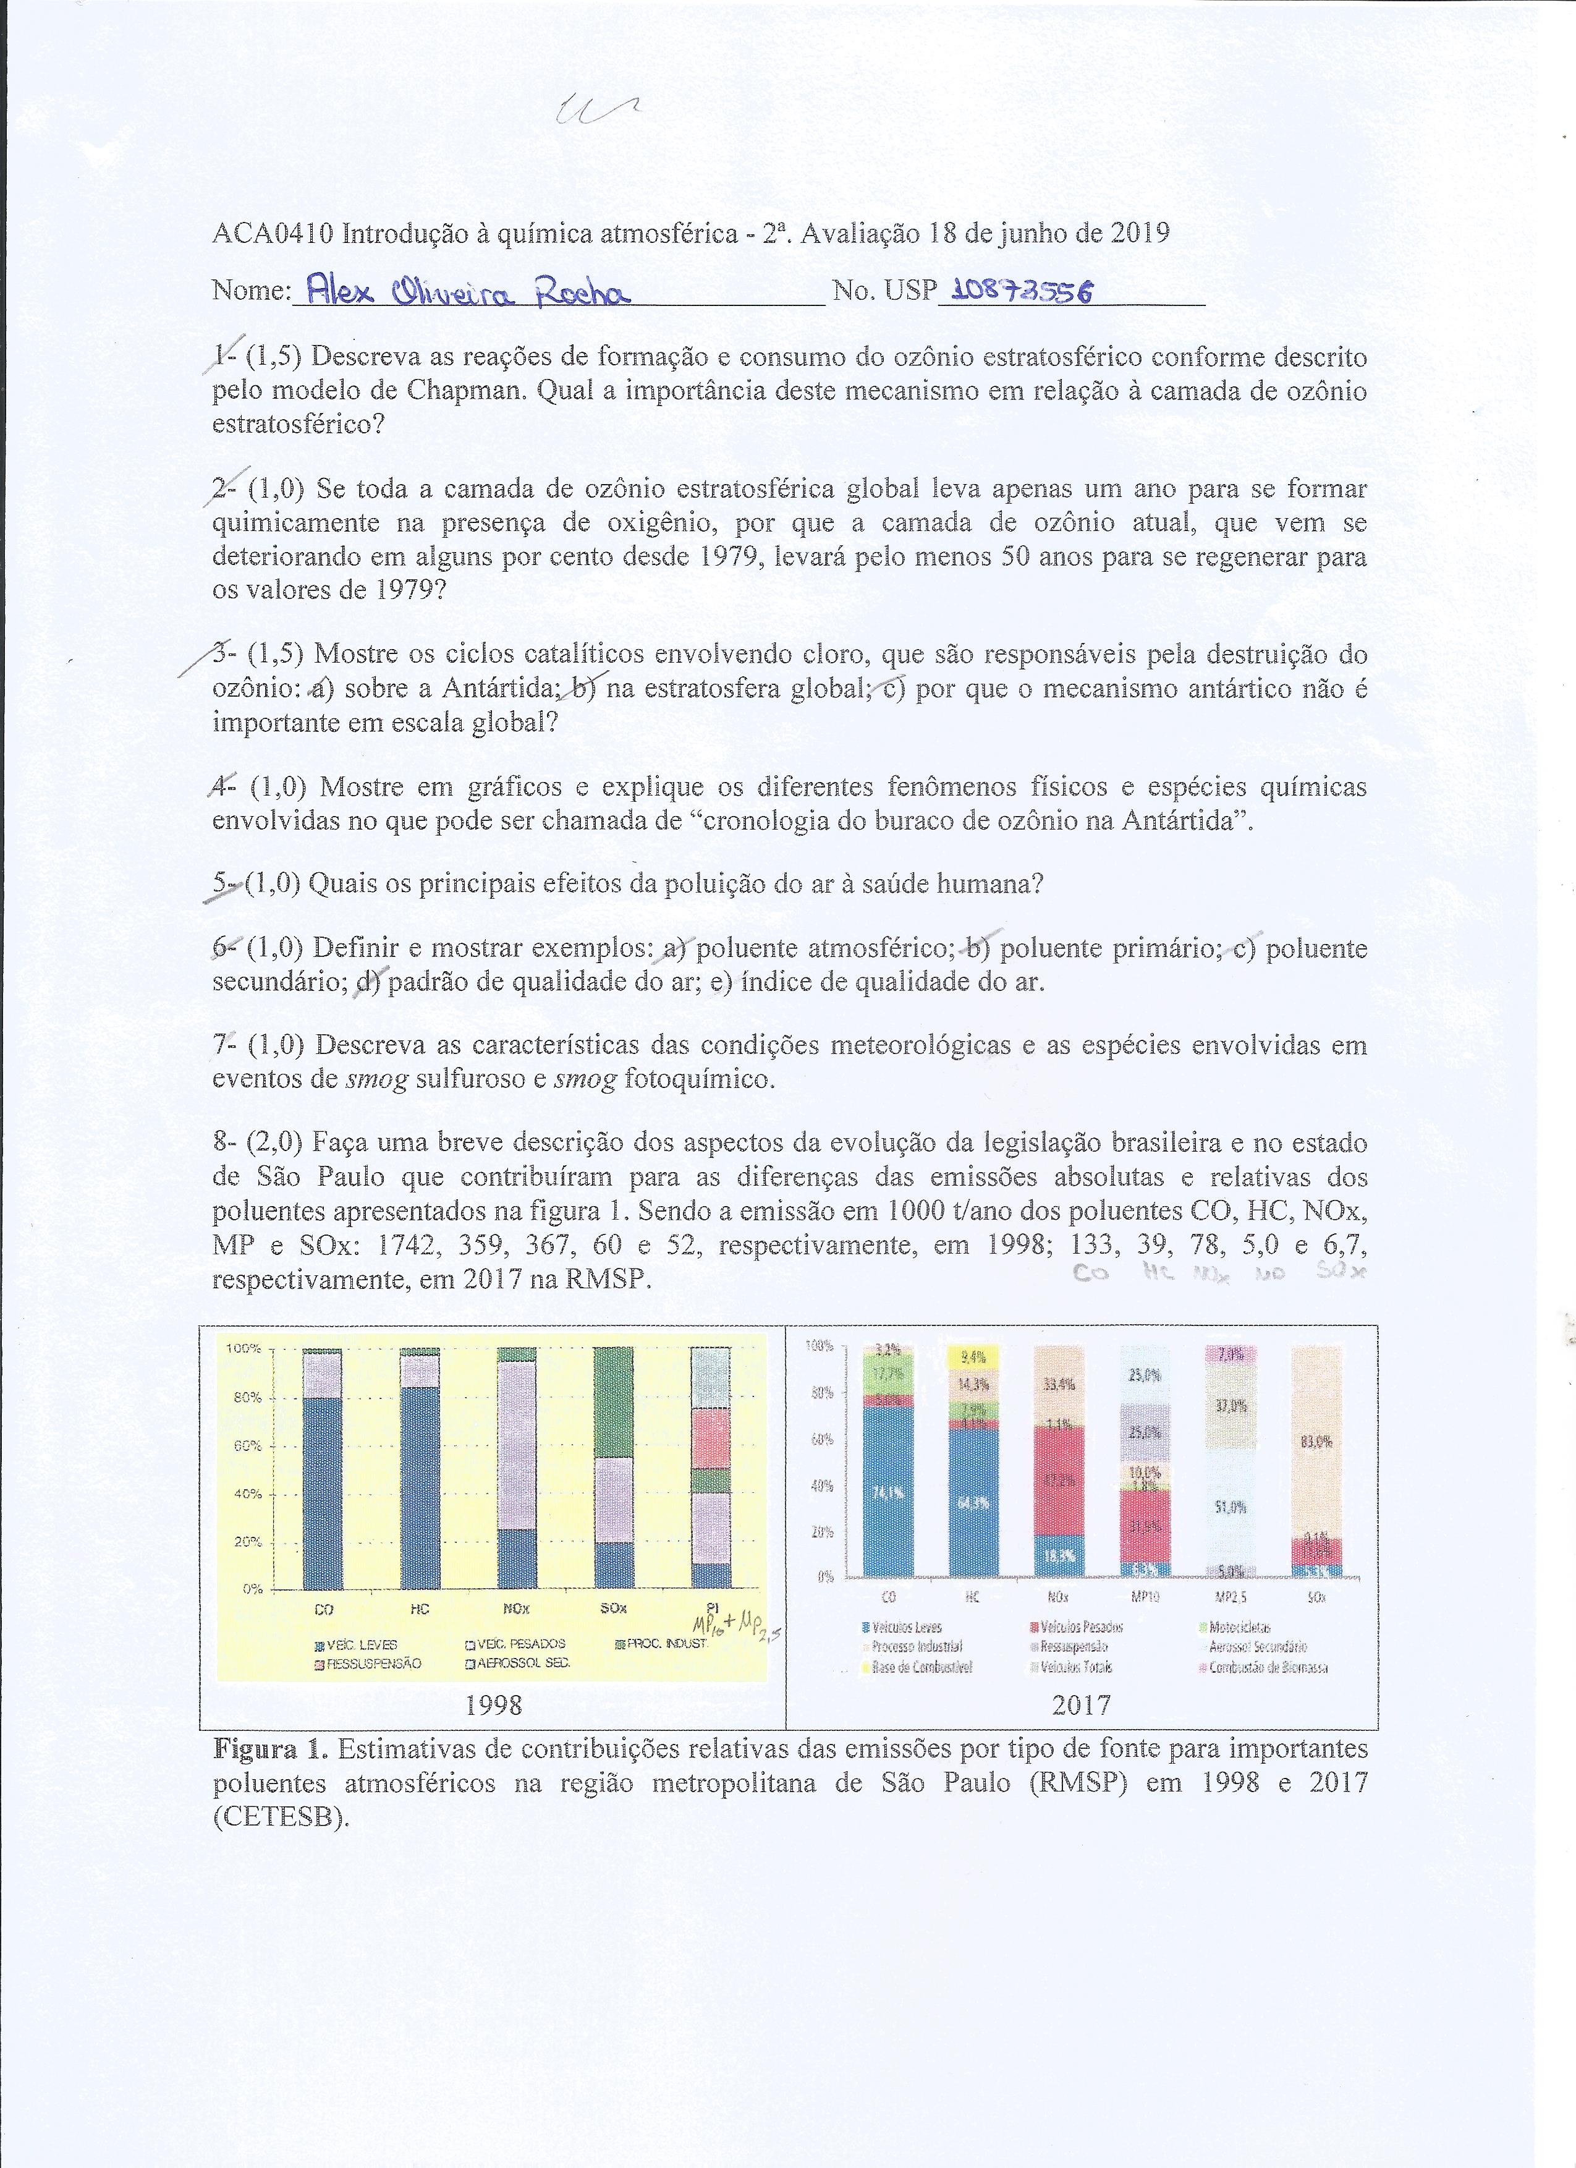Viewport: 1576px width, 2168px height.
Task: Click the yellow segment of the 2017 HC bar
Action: pos(972,1356)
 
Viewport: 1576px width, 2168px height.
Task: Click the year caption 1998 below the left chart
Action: pos(493,1704)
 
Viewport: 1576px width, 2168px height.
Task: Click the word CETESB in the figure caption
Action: pos(275,1817)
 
